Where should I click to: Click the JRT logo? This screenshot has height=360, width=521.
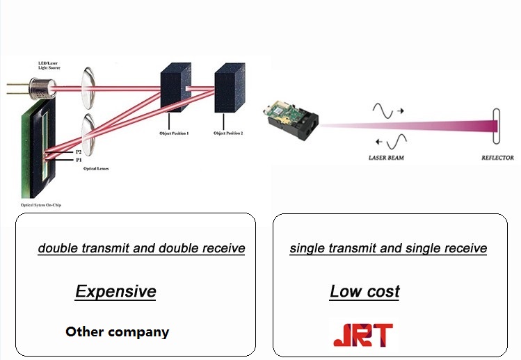[x=362, y=334]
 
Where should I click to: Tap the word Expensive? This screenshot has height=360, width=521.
[x=115, y=291]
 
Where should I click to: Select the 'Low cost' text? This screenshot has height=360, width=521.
[x=364, y=292]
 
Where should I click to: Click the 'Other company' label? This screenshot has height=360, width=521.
[x=117, y=332]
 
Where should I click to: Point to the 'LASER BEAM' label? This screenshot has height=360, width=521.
[x=386, y=158]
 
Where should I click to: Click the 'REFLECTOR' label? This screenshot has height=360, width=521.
[x=497, y=158]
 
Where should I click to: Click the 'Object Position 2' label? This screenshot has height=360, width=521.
[x=228, y=133]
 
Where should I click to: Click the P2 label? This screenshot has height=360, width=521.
[x=78, y=152]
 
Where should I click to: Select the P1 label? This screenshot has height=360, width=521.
[x=78, y=160]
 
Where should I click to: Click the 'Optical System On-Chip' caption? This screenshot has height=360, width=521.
[x=42, y=206]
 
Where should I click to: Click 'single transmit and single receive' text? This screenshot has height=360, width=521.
[x=388, y=248]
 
